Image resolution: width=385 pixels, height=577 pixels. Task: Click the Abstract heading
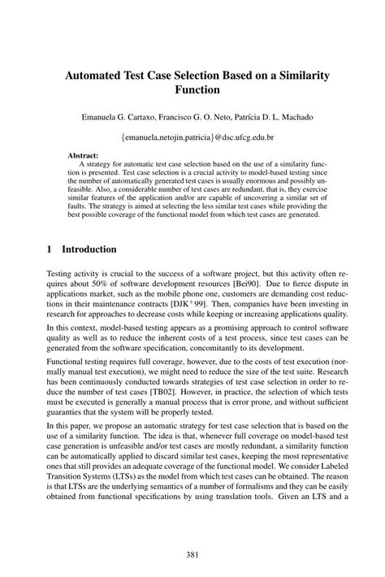(x=84, y=154)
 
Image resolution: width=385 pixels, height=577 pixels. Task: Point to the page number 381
(x=192, y=554)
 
